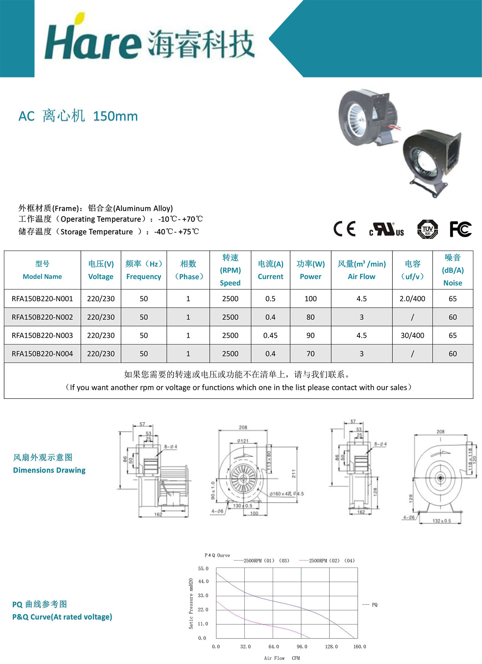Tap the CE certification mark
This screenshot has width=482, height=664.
click(x=344, y=229)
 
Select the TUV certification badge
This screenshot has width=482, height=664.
click(x=427, y=229)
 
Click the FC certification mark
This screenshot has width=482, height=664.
click(x=460, y=229)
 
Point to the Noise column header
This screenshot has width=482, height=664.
click(x=452, y=270)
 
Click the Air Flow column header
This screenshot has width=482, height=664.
click(x=361, y=270)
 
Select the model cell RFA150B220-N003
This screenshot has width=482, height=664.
click(x=42, y=335)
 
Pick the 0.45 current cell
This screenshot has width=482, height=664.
click(x=270, y=335)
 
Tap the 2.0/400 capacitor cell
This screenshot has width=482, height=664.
click(x=412, y=299)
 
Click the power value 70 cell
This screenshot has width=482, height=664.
click(x=310, y=354)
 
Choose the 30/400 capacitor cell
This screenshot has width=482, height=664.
click(x=412, y=335)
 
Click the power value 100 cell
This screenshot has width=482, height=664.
click(x=310, y=299)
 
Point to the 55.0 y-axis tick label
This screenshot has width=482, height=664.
click(x=203, y=569)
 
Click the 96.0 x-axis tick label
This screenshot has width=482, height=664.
click(x=302, y=647)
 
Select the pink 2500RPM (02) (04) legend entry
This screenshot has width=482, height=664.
click(x=327, y=561)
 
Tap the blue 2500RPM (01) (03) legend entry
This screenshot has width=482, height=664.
click(x=262, y=561)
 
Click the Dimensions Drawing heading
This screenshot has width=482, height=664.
click(x=49, y=470)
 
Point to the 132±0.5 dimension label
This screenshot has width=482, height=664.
click(x=442, y=521)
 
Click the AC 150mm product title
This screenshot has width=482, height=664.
click(x=78, y=116)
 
